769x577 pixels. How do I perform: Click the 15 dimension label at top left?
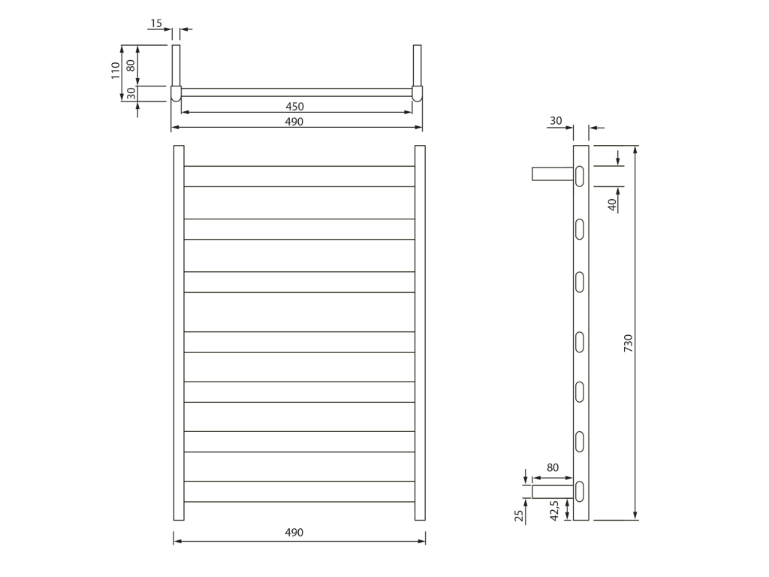156,23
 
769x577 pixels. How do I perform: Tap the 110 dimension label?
115,70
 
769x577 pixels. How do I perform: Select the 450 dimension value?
294,107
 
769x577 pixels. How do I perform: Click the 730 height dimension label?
629,343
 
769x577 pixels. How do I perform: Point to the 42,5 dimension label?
554,510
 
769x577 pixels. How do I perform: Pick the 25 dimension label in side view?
520,515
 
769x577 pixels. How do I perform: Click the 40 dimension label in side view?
612,204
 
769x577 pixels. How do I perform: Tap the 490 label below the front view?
294,533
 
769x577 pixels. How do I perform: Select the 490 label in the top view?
294,122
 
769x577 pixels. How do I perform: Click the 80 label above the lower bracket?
553,467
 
